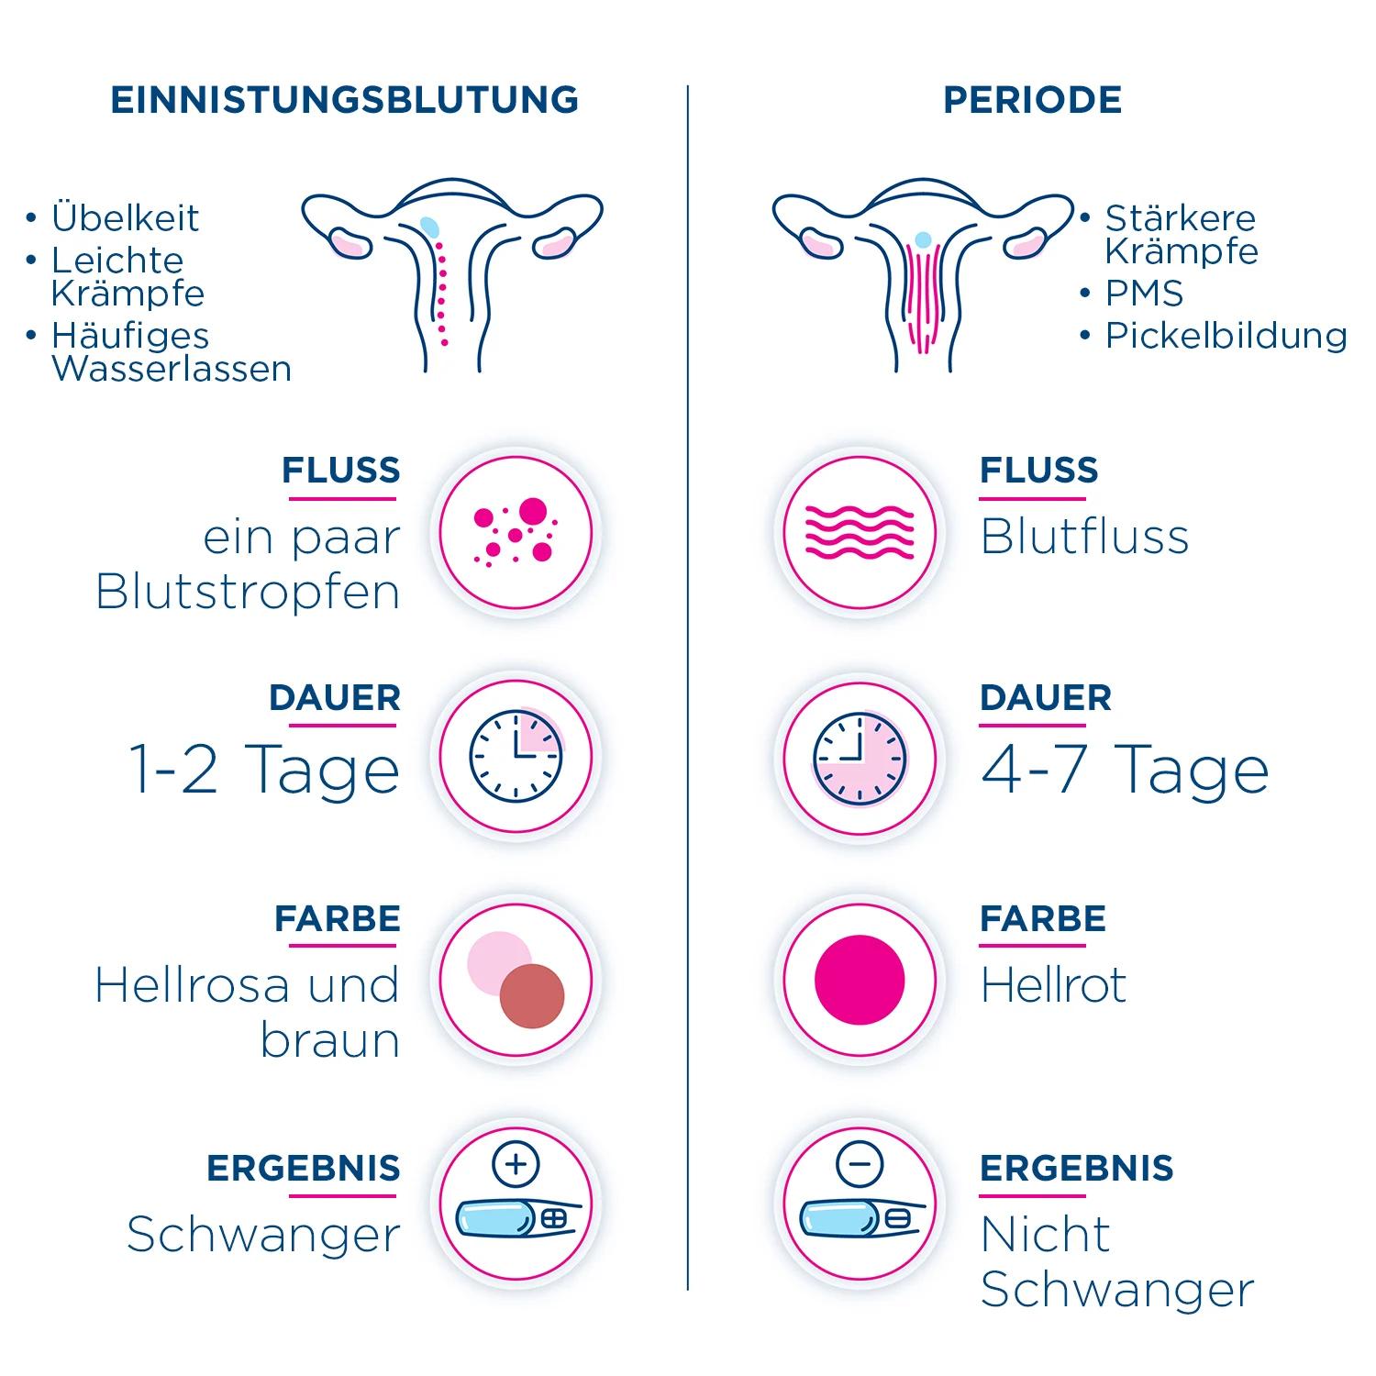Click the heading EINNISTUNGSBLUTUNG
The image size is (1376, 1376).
coord(344,100)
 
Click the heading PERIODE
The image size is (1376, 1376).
coord(1032,100)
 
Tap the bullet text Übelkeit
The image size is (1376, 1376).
coord(125,218)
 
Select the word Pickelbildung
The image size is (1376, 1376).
coord(1226,336)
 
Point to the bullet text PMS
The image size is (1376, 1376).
coord(1144,294)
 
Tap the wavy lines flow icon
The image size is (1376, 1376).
coord(860,532)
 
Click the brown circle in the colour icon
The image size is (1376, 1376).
coord(532,995)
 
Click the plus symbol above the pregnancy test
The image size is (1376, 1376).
coord(516,1165)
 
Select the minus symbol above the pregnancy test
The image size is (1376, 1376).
coord(860,1165)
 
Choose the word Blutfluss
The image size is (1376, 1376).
coord(1084,538)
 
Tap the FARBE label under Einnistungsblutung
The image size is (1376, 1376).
coord(337,919)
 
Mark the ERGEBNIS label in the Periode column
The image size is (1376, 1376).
coord(1076,1169)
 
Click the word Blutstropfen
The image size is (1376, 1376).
coord(248,593)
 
